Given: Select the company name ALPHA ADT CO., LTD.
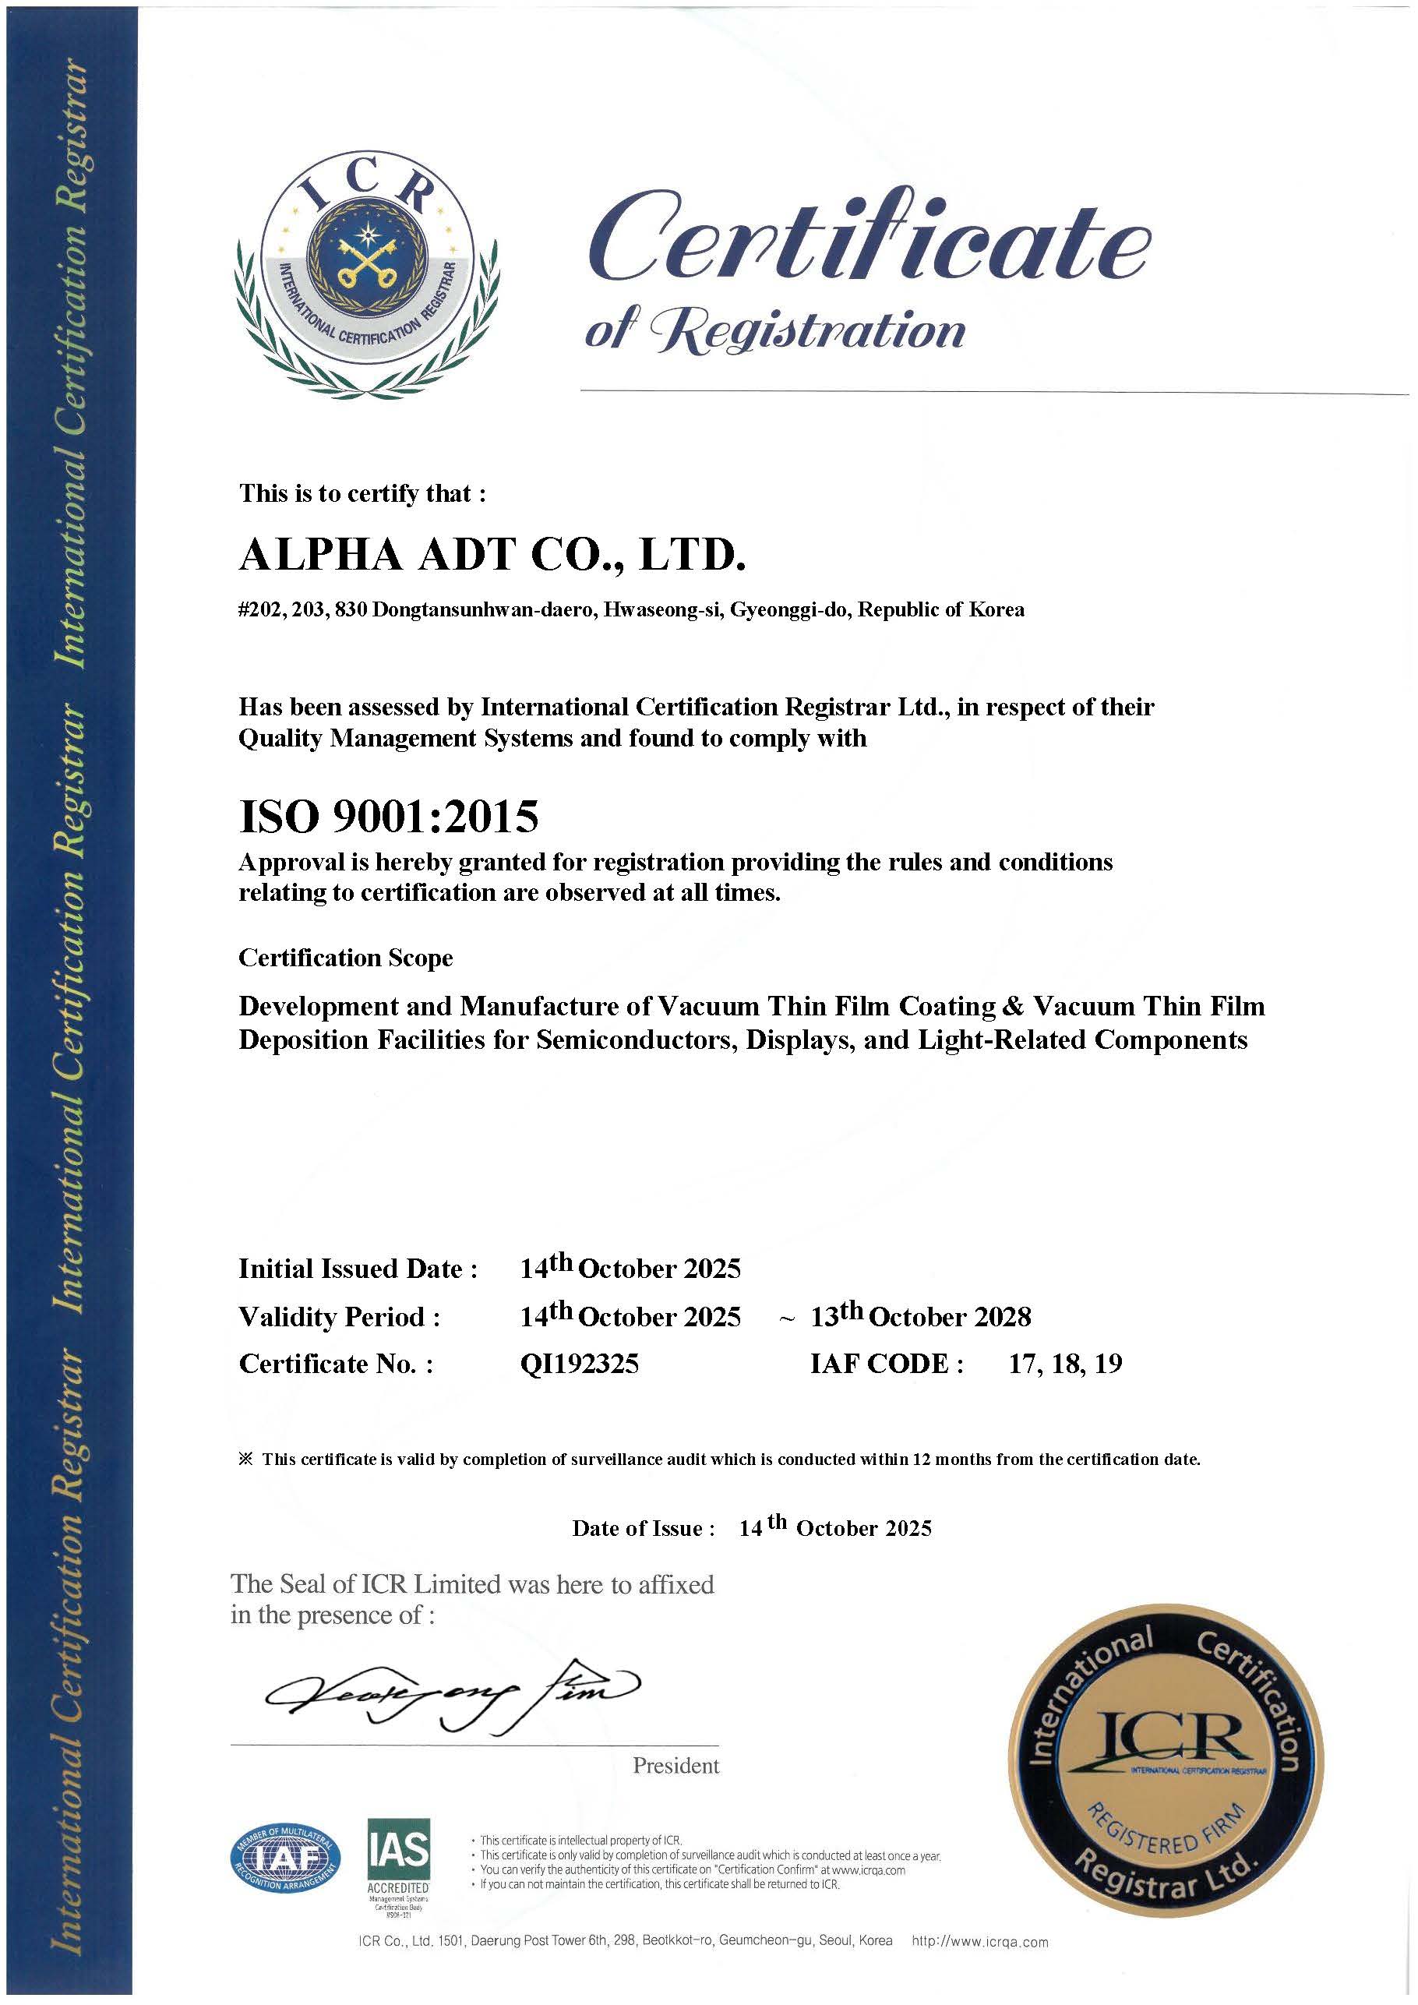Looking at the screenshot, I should [492, 556].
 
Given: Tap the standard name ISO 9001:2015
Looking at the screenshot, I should [389, 817].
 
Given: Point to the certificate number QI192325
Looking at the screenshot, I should [579, 1363].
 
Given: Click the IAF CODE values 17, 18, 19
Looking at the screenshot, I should [1064, 1363].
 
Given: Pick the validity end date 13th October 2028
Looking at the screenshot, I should [920, 1316].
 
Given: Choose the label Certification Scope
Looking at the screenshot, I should [346, 958].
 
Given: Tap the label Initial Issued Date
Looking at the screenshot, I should [358, 1269].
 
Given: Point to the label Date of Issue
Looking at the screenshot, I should [643, 1528].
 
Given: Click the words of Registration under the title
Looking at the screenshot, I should [774, 331].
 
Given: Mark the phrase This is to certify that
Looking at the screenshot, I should [362, 493].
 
